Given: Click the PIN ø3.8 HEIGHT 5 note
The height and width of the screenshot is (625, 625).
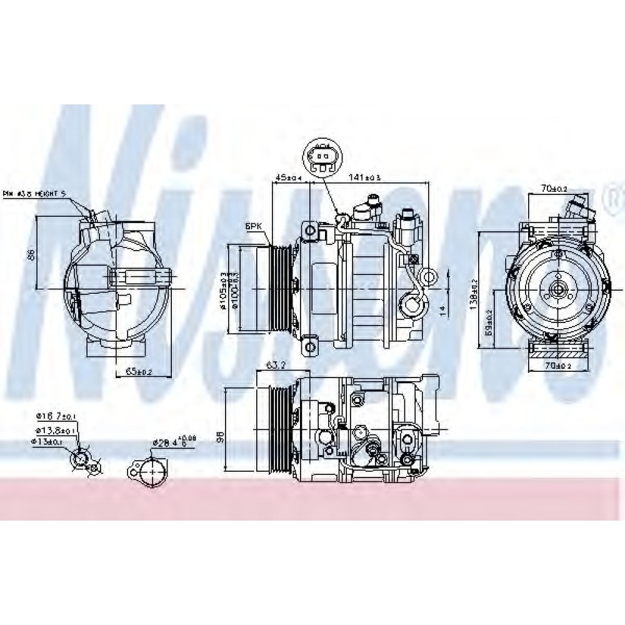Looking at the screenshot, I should [x=35, y=194].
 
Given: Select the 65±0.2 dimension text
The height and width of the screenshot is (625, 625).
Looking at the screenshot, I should [x=138, y=372].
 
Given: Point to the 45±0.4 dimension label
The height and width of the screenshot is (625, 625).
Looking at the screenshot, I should [x=289, y=178].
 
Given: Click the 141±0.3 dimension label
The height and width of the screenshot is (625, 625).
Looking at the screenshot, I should [x=364, y=178].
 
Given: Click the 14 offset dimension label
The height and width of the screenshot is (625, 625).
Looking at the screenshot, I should [x=442, y=309].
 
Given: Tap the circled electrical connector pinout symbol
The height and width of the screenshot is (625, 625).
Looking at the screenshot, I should [x=322, y=157].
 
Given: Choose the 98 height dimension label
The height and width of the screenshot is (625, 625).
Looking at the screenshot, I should [x=219, y=437].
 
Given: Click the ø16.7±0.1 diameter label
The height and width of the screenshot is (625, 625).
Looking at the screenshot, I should [x=56, y=415].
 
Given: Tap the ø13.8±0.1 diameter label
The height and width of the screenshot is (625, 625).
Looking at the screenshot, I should [x=56, y=431].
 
